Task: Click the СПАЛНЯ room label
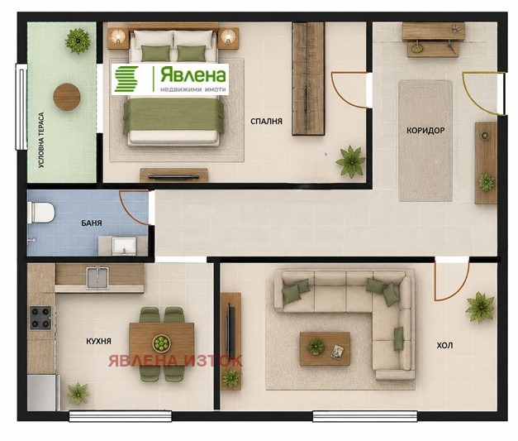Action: click(266, 122)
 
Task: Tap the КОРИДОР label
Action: click(425, 131)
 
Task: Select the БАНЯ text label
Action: click(92, 223)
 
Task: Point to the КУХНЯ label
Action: click(99, 341)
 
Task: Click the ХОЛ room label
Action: click(444, 346)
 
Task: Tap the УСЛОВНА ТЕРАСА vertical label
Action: click(41, 140)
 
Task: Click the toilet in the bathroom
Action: click(41, 213)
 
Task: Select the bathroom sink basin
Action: click(124, 246)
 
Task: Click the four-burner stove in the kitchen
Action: click(40, 318)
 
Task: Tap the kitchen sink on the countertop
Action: click(97, 277)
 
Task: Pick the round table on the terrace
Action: click(67, 97)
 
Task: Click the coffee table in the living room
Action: click(325, 348)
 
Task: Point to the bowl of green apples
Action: click(162, 343)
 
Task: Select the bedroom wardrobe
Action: click(308, 79)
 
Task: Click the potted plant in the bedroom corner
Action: click(349, 161)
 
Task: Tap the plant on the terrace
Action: click(78, 41)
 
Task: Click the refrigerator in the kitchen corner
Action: click(43, 392)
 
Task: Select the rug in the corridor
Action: click(425, 141)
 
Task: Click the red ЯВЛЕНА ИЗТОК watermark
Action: click(175, 361)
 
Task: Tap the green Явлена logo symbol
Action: click(126, 79)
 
